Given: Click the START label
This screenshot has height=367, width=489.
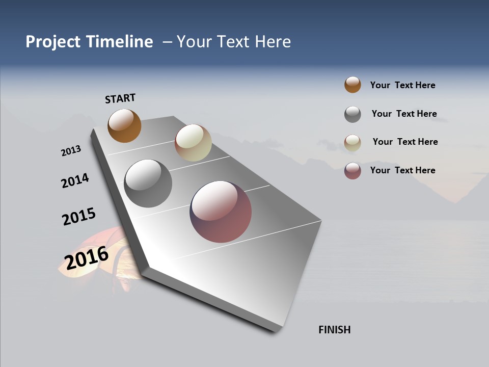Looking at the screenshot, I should click(120, 98).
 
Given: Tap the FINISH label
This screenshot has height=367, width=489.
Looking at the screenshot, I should click(335, 330).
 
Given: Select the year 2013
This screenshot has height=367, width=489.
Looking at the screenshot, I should click(71, 151).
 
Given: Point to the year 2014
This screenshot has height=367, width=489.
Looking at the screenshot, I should click(75, 180).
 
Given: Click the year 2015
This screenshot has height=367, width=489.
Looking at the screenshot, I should click(79, 217).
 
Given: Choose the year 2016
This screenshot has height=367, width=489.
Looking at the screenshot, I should click(87, 257).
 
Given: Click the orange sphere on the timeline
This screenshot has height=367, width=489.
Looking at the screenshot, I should click(124, 125).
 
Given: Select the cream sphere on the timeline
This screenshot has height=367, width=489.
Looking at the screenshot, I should click(193, 143).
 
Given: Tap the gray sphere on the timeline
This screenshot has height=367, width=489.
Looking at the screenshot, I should click(148, 183).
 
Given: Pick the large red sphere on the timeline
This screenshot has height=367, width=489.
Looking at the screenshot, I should click(221, 212).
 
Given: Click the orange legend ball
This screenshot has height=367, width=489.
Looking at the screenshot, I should click(352, 85).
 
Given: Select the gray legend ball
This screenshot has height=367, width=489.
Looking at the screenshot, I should click(352, 114).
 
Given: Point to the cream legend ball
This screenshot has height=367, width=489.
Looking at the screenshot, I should click(352, 143).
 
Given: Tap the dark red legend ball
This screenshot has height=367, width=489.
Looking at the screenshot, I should click(352, 171).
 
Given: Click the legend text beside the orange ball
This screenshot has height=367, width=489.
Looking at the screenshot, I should click(402, 85).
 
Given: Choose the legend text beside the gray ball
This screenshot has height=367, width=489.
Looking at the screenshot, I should click(404, 114).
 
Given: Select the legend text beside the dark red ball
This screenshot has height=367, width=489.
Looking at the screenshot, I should click(402, 170).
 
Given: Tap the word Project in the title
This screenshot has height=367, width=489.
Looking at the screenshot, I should click(52, 42).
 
